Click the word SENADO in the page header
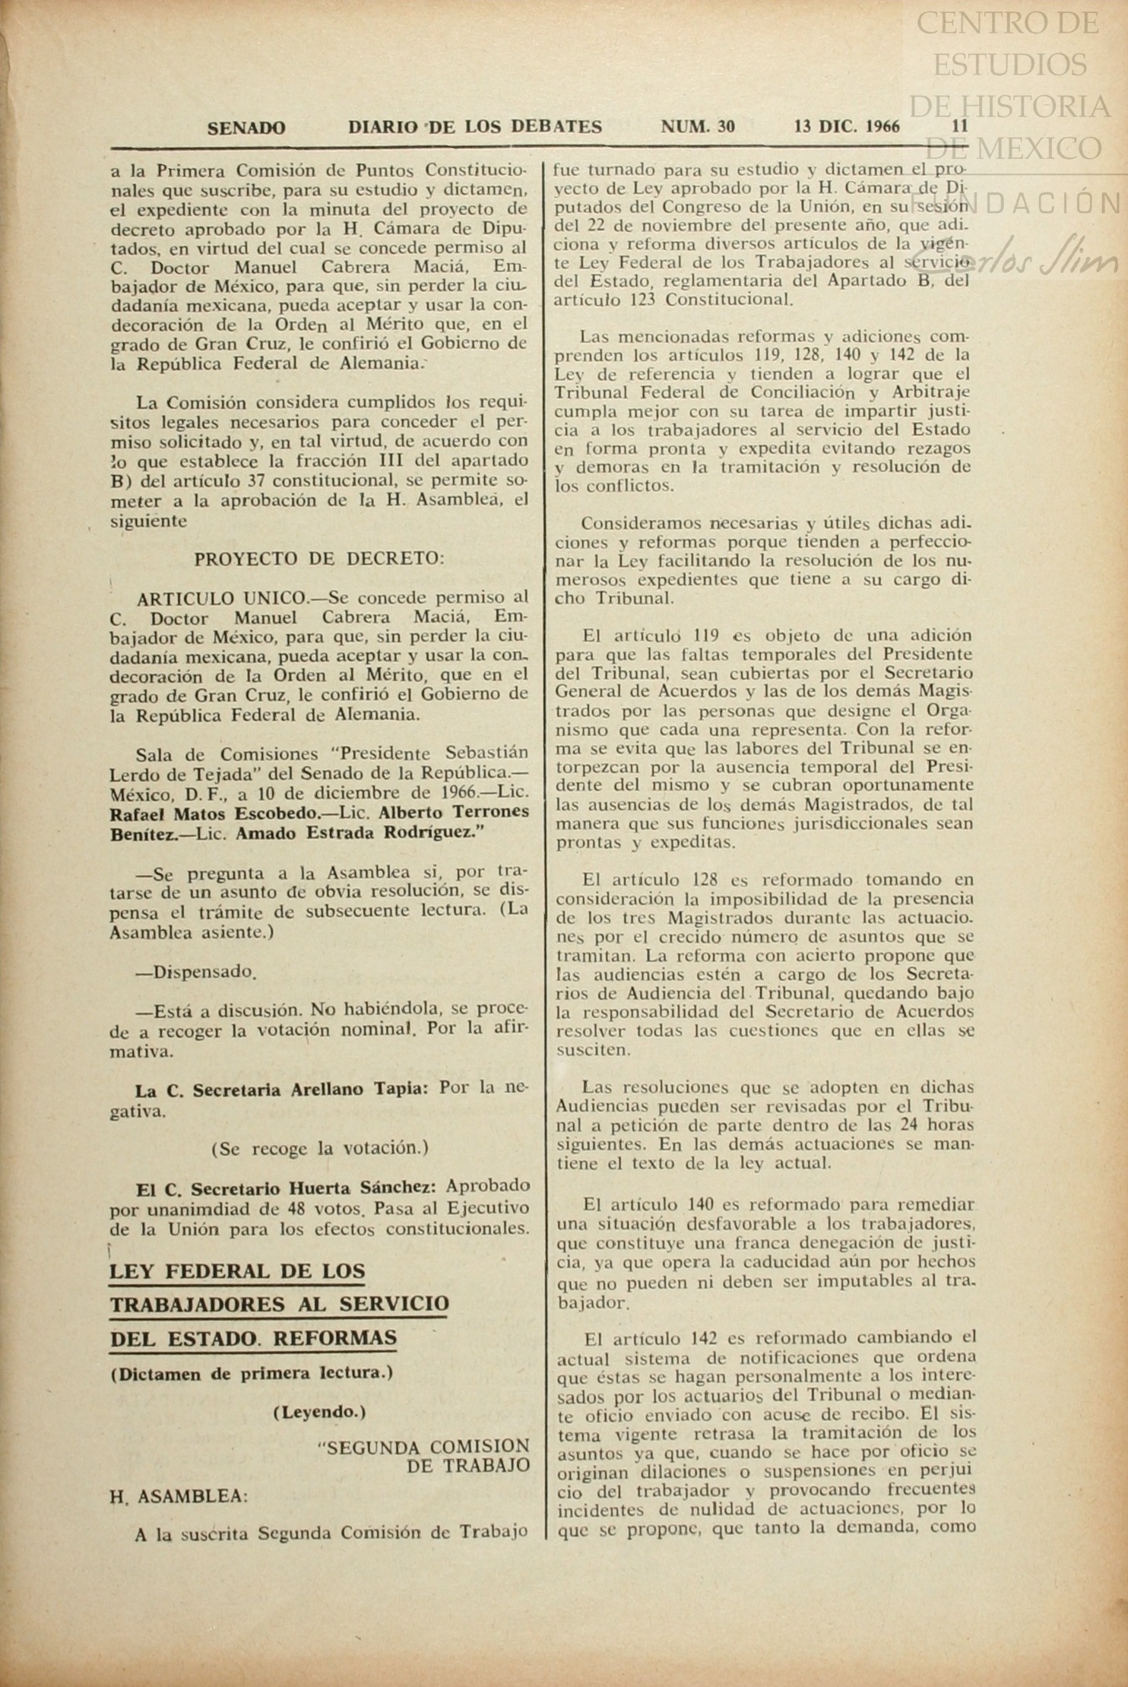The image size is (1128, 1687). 246,128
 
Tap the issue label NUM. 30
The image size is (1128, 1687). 698,126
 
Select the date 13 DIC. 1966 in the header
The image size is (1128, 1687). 847,126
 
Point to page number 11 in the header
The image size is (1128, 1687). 960,126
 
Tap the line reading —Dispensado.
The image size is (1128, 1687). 195,972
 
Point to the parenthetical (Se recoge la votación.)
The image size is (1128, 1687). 319,1148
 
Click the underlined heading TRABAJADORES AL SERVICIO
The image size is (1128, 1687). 279,1305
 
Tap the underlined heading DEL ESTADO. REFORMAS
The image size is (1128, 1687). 253,1338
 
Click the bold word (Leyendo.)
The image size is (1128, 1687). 319,1413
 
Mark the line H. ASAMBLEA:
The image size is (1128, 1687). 179,1497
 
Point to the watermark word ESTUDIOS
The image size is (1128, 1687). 1009,64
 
